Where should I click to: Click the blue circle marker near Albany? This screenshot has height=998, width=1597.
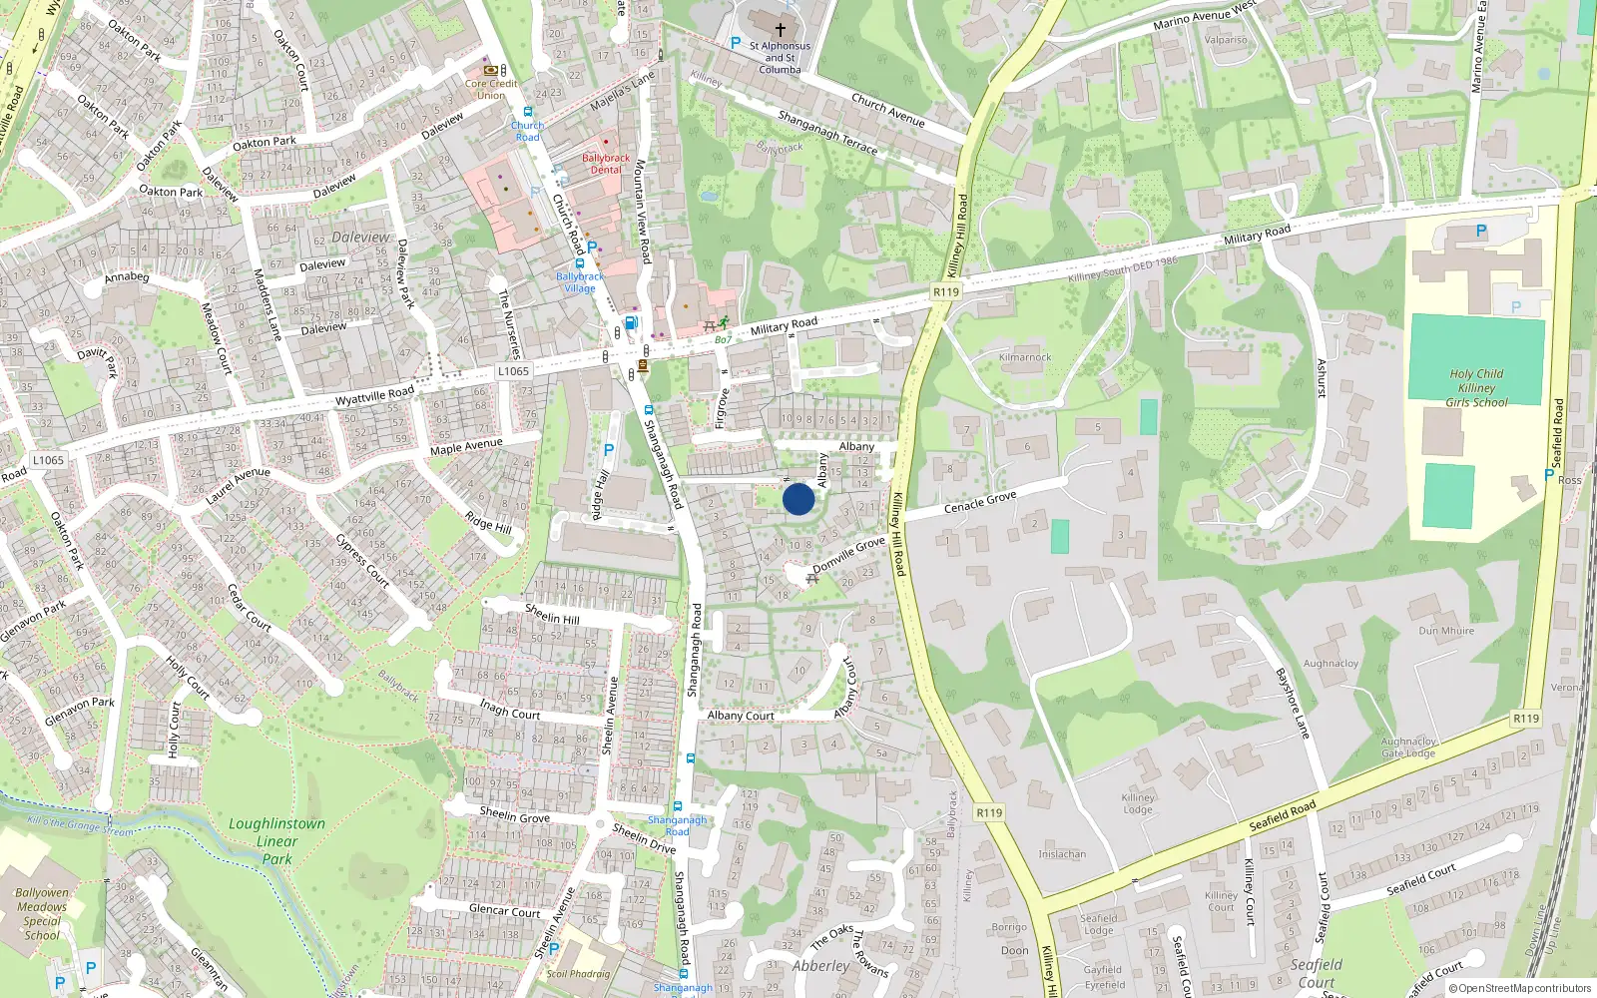[x=798, y=499]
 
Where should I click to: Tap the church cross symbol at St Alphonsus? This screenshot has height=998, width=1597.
[x=781, y=30]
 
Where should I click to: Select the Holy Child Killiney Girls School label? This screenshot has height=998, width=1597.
[x=1476, y=388]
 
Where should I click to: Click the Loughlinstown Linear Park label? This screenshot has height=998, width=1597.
[x=276, y=840]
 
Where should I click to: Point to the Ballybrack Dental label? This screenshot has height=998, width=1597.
[x=606, y=164]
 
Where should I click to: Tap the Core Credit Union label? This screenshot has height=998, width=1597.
[x=491, y=90]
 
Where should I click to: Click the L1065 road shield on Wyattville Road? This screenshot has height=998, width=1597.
[x=513, y=371]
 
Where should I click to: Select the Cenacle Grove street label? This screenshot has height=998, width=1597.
[x=980, y=501]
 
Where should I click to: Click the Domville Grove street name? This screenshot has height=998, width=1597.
[x=848, y=555]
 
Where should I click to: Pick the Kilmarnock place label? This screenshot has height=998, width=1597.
[x=1025, y=357]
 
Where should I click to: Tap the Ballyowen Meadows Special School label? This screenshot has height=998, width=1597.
[x=42, y=914]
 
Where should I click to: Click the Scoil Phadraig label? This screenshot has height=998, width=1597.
[x=578, y=974]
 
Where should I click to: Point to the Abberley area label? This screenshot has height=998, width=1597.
[x=820, y=966]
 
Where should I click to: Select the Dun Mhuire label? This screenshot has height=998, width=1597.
[x=1446, y=631]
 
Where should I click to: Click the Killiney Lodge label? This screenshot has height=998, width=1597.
[x=1138, y=803]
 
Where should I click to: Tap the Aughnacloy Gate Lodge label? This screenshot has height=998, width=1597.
[x=1408, y=748]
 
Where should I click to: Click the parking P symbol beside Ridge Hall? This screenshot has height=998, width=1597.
[x=609, y=451]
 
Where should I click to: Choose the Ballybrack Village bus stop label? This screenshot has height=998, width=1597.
[x=580, y=282]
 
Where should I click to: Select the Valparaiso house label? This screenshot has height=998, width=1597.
[x=1226, y=40]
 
